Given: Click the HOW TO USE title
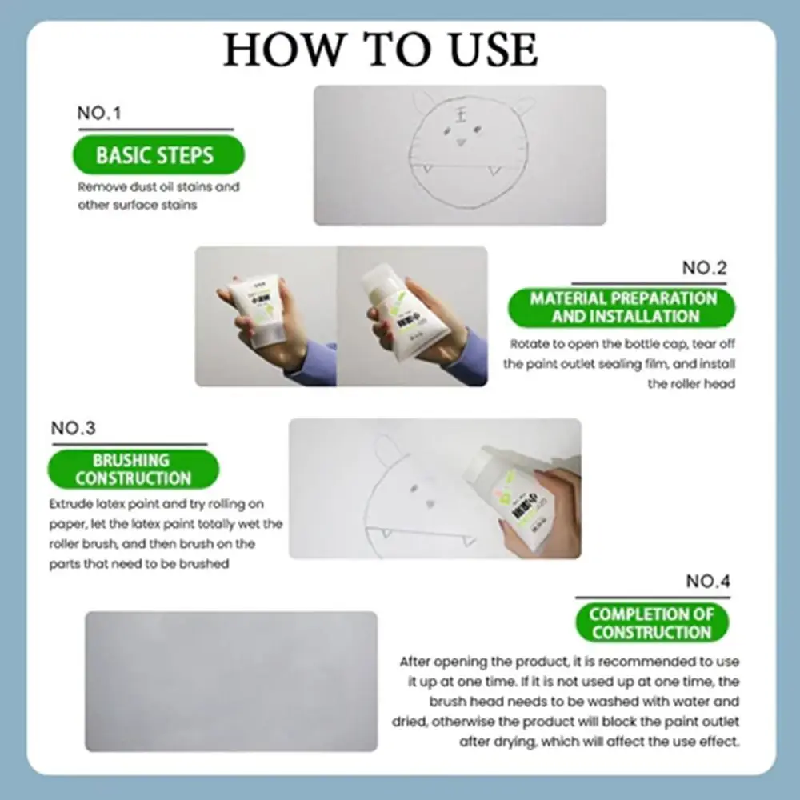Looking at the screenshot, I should [381, 50].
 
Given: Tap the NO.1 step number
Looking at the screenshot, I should [99, 113].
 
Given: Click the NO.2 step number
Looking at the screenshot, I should [704, 268].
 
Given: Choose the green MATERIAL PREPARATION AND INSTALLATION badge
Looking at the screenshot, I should [622, 307].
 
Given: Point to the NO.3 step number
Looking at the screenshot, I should [73, 428].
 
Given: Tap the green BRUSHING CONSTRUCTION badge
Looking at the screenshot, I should [133, 470].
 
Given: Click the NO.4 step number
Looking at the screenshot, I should [707, 582].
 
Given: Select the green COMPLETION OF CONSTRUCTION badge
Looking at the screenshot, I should [651, 623].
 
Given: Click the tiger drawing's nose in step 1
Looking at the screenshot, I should [461, 142].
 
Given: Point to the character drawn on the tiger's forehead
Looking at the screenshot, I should [461, 113].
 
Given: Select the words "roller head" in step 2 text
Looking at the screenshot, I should [691, 384].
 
